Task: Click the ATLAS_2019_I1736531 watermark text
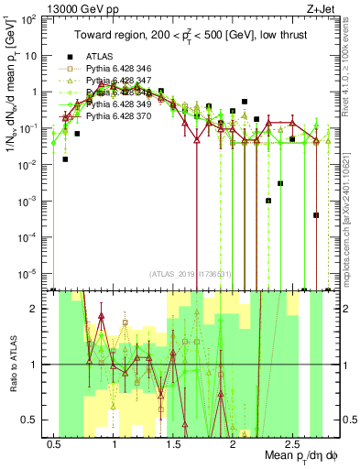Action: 191,273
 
